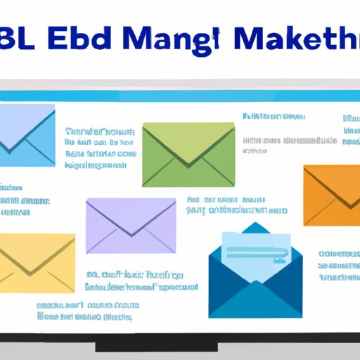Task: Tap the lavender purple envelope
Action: (131, 225)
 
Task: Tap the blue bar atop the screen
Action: (180, 96)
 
